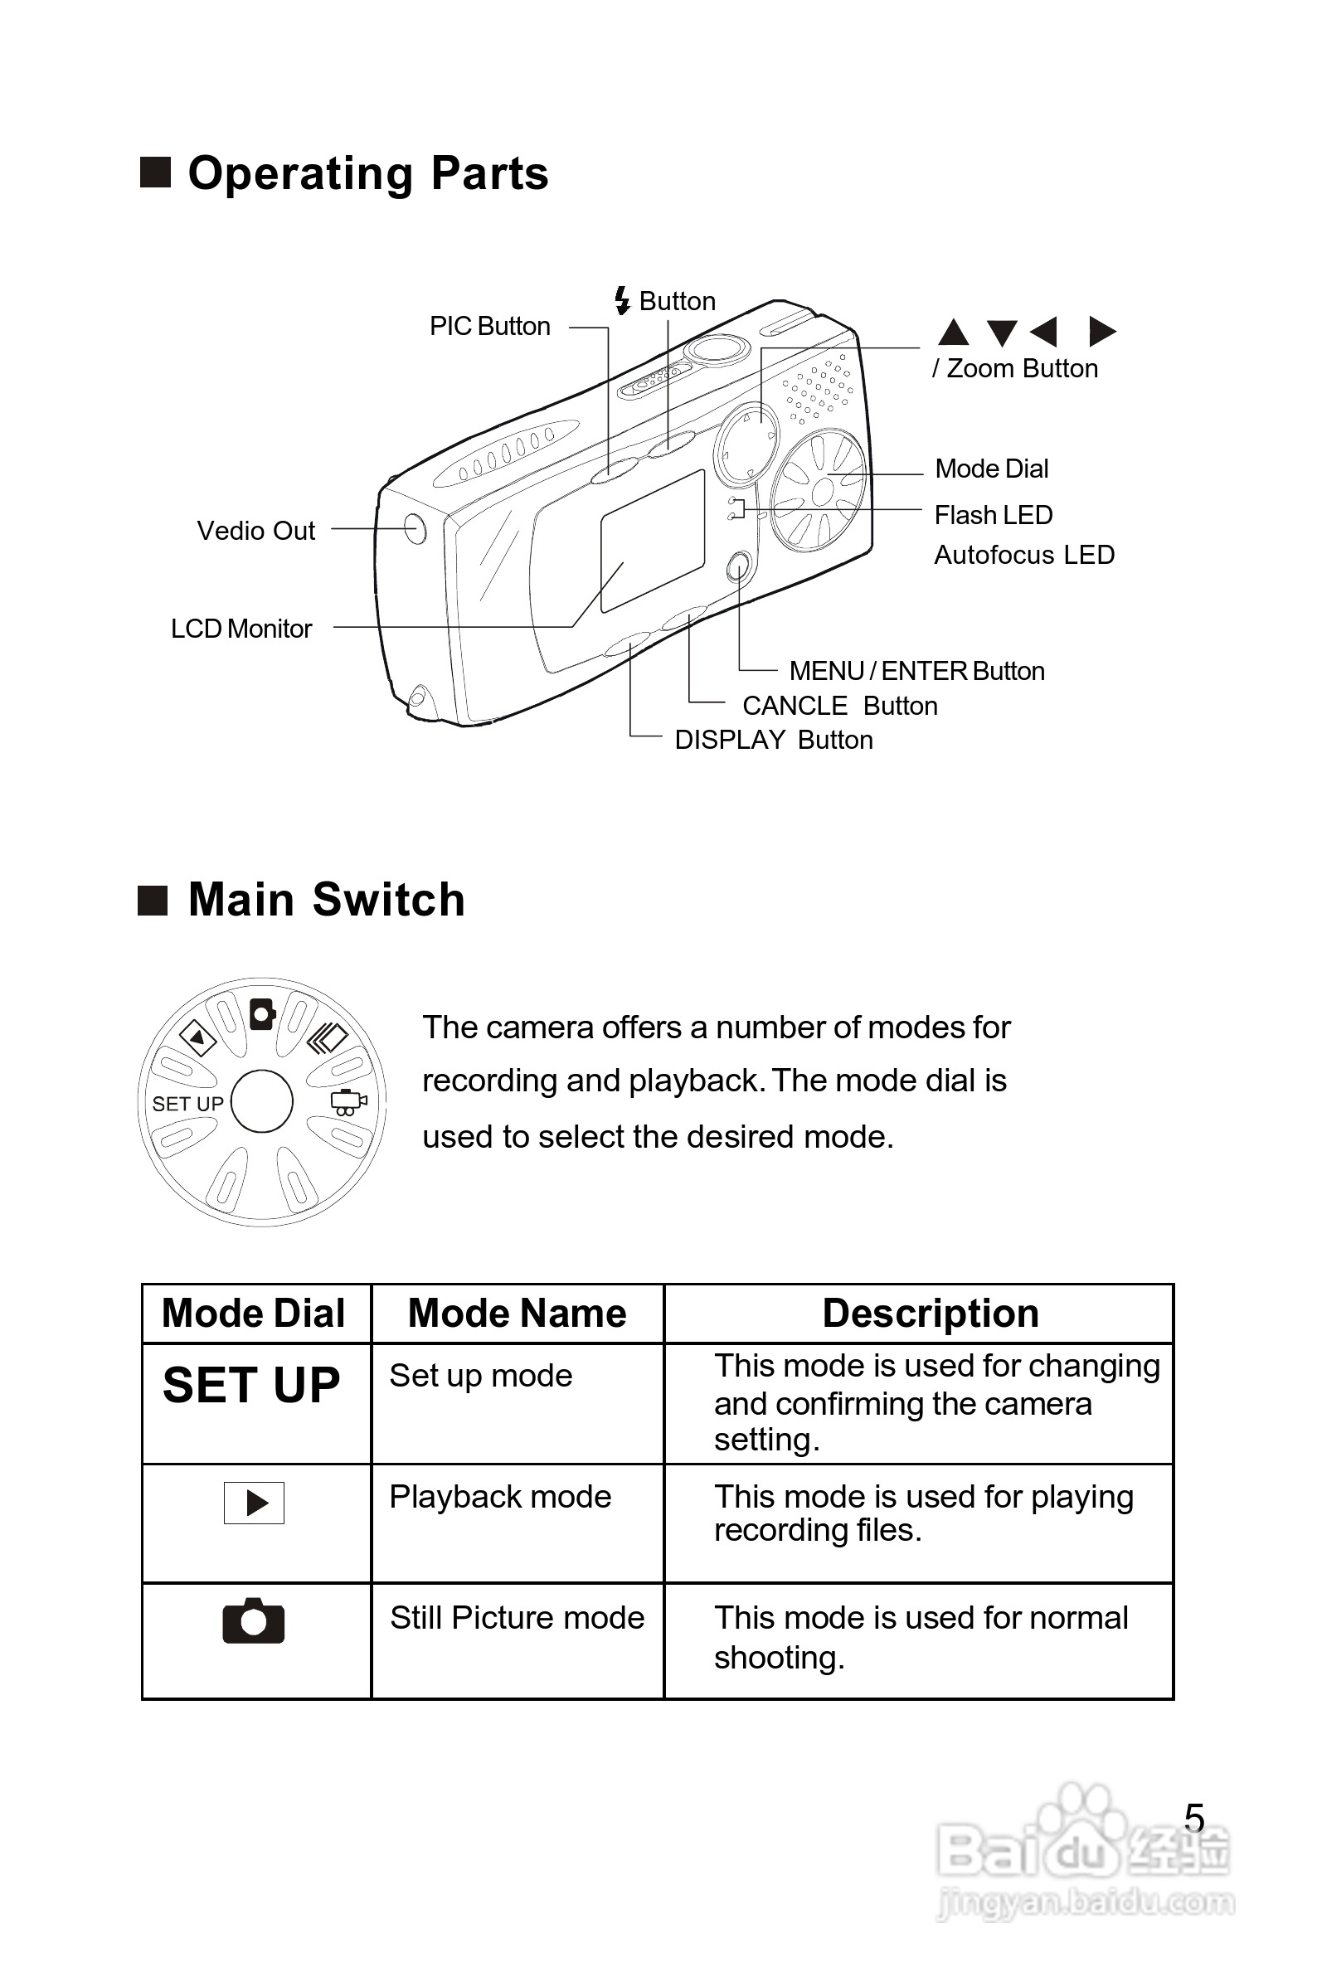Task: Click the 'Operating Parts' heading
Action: coord(367,174)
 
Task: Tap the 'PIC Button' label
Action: coord(489,326)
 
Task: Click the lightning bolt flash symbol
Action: coord(622,300)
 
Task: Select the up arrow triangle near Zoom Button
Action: coord(953,333)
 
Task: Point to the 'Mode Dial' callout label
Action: coord(991,469)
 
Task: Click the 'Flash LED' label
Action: coord(993,515)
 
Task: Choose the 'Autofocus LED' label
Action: coord(1024,555)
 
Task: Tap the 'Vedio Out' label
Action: coord(256,531)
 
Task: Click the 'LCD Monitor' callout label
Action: coord(241,629)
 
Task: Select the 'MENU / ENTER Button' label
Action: coord(916,671)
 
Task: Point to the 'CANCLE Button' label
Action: coord(839,706)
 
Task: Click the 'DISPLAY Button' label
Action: coord(774,740)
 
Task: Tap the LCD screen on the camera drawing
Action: coord(652,540)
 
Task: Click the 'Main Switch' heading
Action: coord(326,900)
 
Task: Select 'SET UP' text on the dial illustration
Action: coord(187,1104)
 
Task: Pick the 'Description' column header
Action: coord(930,1314)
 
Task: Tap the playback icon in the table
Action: coord(255,1503)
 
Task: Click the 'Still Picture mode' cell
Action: coord(517,1618)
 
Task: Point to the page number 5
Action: coord(1193,1819)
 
